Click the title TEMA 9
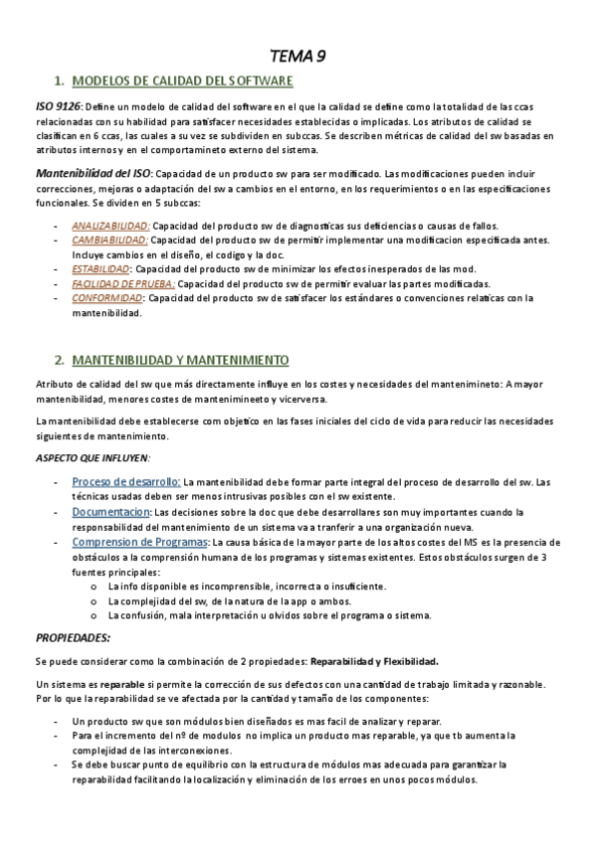298,56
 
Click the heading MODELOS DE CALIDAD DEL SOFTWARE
183,82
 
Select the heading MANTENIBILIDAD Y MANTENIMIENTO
181,359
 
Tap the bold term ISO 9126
58,107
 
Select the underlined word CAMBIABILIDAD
109,240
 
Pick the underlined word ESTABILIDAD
100,268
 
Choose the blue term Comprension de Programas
138,542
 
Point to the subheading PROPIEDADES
73,636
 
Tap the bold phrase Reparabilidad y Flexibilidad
374,661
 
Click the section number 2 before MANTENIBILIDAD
60,359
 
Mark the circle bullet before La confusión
94,615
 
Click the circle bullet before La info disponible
94,587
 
